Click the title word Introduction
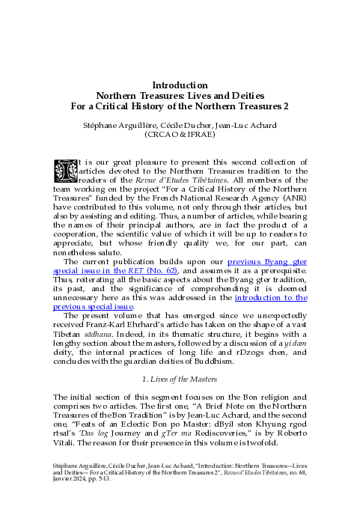point(180,85)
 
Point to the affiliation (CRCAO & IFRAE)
point(180,135)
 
